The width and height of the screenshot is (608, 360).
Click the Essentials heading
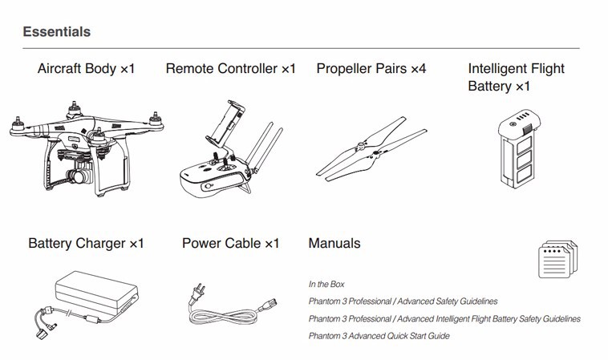point(57,32)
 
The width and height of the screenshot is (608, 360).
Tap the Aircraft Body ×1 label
point(86,69)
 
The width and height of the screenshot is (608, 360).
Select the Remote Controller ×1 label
point(231,69)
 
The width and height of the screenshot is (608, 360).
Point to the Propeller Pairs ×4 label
point(371,69)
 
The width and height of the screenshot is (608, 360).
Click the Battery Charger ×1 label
point(86,244)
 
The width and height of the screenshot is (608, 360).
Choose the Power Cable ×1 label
point(231,244)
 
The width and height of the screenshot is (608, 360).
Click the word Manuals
point(334,244)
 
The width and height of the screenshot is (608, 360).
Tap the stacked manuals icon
point(557,259)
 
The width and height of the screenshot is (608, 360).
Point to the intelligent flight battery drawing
point(519,149)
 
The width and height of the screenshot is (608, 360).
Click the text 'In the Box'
point(326,285)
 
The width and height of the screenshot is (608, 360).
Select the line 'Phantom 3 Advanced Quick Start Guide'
point(379,336)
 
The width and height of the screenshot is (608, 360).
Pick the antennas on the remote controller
point(264,148)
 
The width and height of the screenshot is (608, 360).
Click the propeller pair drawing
point(371,149)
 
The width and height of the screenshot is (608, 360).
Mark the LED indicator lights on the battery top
point(523,116)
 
